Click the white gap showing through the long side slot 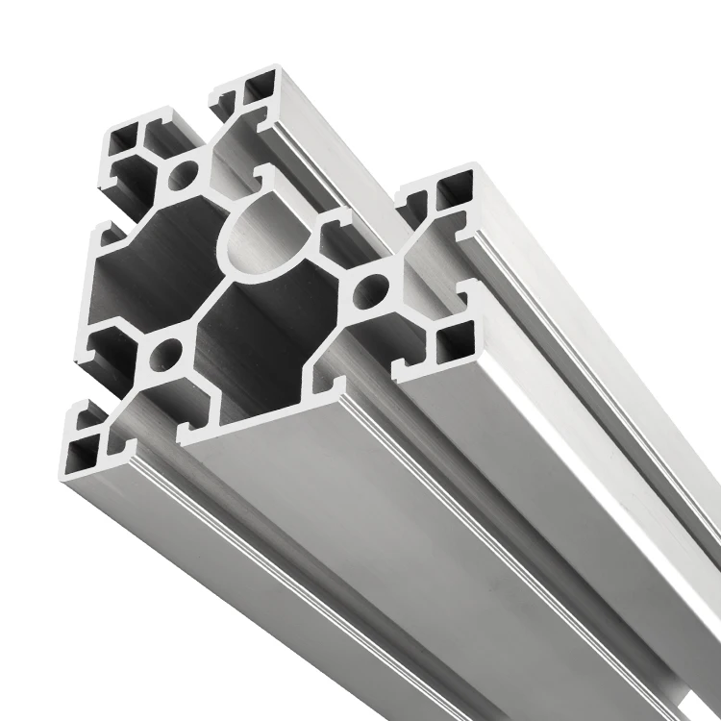click(615, 538)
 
